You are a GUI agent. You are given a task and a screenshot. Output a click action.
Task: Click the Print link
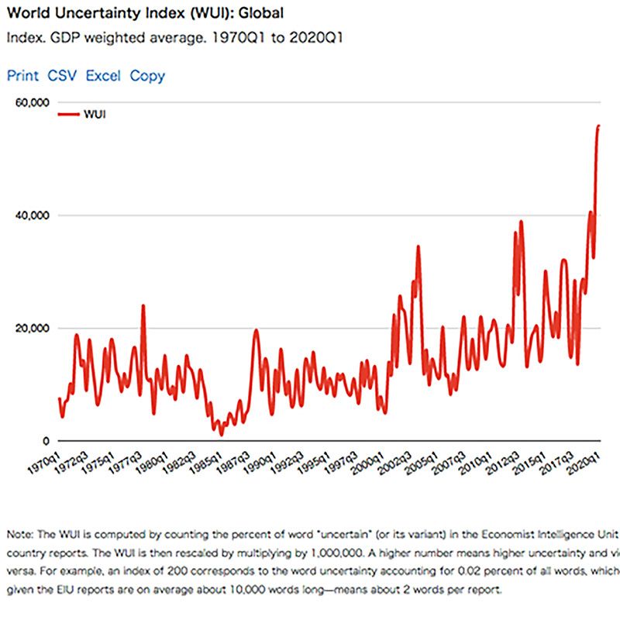tap(22, 76)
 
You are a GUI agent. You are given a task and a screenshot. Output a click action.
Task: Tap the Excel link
tap(103, 76)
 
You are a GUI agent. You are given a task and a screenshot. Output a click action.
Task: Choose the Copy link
tap(147, 76)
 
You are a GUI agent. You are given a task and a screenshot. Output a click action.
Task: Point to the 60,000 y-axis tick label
tap(33, 102)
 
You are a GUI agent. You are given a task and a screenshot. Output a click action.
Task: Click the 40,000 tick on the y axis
tap(33, 215)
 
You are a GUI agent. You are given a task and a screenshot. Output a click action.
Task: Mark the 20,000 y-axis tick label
tap(33, 328)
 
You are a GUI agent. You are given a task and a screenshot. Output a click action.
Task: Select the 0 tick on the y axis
tap(46, 440)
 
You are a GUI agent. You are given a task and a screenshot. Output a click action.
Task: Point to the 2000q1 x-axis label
tap(367, 460)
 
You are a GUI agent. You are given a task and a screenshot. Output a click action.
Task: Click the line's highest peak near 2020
tap(598, 126)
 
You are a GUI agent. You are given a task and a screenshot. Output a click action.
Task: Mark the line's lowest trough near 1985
tap(221, 435)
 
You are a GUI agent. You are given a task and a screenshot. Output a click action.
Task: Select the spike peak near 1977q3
tap(143, 305)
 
